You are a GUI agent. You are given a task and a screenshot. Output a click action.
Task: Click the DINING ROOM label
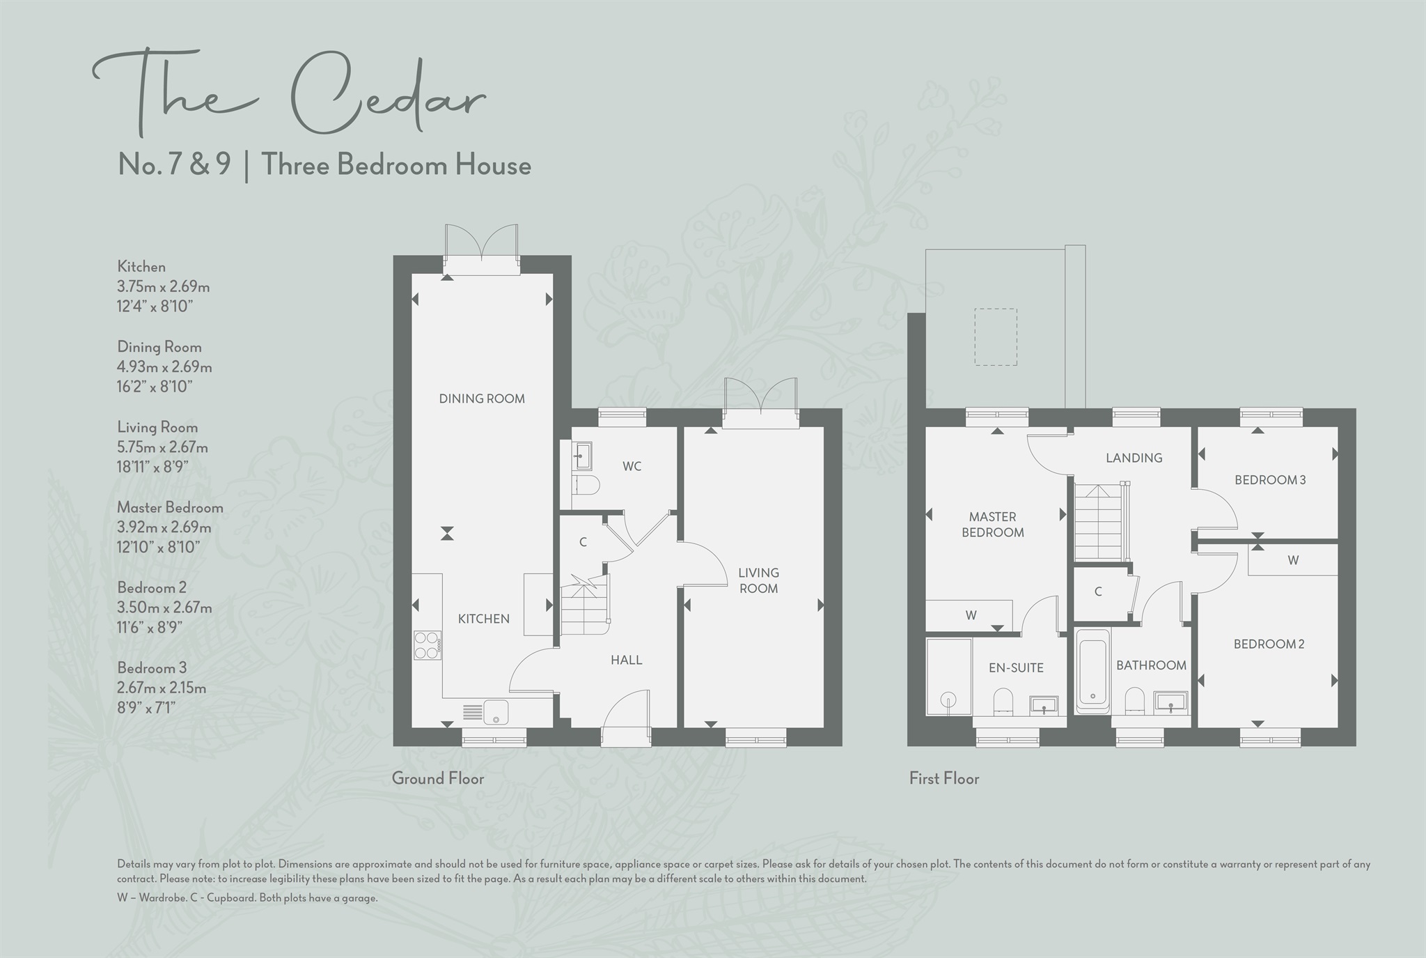coord(482,399)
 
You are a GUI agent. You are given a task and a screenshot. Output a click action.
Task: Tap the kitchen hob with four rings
coord(428,644)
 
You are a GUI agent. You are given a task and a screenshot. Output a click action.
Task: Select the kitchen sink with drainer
coord(487,712)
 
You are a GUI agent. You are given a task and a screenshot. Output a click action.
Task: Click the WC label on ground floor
coord(632,466)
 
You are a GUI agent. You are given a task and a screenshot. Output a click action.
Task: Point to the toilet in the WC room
coord(586,485)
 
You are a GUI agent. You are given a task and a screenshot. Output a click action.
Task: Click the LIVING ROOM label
coord(758,580)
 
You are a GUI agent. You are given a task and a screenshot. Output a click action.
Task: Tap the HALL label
coord(626,660)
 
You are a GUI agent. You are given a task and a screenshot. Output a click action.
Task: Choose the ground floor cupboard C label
coord(583,542)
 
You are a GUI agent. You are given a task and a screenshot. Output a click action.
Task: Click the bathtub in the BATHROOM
coord(1092,671)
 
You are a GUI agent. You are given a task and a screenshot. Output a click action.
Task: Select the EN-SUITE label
coord(1016,667)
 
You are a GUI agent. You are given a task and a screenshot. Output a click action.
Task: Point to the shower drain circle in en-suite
coord(947,699)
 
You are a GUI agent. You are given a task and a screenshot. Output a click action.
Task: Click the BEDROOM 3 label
coord(1270,479)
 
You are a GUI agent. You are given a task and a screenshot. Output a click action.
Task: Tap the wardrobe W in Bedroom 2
coord(1293,560)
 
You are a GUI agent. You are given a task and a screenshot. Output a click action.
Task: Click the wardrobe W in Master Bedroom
coord(971,615)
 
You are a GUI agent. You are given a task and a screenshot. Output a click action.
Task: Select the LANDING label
coord(1134,458)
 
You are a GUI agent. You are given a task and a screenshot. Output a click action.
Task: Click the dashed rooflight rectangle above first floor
coord(996,337)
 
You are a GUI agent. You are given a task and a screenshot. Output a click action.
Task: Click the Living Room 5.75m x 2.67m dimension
coord(162,447)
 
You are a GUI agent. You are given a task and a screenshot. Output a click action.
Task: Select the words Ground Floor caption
coord(437,778)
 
